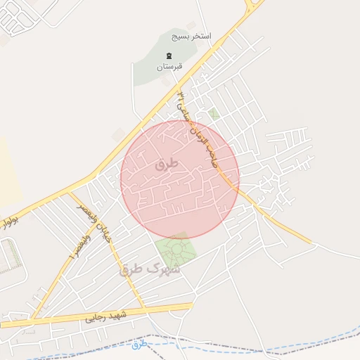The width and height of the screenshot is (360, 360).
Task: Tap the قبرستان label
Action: point(169,66)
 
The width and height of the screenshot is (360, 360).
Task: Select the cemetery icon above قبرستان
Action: point(168,56)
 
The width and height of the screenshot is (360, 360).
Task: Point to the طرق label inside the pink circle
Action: point(166,165)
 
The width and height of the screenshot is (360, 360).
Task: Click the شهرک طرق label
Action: point(150,268)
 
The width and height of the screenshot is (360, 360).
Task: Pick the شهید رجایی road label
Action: point(105,316)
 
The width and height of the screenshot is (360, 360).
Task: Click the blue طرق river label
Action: point(140,344)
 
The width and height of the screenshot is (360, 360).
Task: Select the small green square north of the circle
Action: point(214,112)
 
